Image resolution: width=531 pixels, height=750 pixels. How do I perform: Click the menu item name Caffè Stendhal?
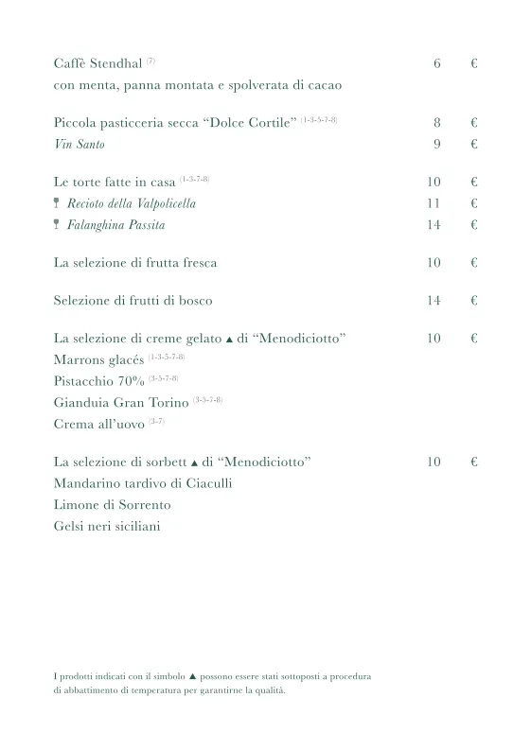pyautogui.click(x=98, y=64)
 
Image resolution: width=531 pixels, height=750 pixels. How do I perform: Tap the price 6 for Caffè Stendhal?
pyautogui.click(x=437, y=64)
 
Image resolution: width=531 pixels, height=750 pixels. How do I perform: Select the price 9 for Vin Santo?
pyautogui.click(x=437, y=144)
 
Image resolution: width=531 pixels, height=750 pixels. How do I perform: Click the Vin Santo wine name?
pyautogui.click(x=80, y=145)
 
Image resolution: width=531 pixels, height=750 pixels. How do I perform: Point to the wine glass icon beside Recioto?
pyautogui.click(x=58, y=203)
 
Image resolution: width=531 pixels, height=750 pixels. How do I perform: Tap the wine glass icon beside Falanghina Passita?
pyautogui.click(x=58, y=224)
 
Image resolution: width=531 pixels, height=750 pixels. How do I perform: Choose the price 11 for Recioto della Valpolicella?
pyautogui.click(x=434, y=203)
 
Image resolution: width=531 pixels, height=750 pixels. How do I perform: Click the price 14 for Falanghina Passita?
pyautogui.click(x=434, y=224)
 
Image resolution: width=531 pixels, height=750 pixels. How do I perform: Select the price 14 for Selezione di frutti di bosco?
pyautogui.click(x=434, y=301)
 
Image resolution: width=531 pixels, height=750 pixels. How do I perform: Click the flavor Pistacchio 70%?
pyautogui.click(x=99, y=381)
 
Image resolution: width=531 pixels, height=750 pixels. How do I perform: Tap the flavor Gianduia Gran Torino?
pyautogui.click(x=122, y=403)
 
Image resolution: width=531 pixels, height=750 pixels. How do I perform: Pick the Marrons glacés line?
pyautogui.click(x=99, y=360)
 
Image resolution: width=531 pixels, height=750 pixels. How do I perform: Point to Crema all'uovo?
pyautogui.click(x=99, y=425)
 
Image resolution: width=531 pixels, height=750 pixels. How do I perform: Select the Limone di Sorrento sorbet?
pyautogui.click(x=113, y=505)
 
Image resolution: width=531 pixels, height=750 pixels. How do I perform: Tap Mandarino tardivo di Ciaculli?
pyautogui.click(x=143, y=483)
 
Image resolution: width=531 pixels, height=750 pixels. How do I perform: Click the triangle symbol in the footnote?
pyautogui.click(x=192, y=677)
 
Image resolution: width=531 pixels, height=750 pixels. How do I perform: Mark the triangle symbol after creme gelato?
pyautogui.click(x=229, y=339)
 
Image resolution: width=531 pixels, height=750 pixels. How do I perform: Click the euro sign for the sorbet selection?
pyautogui.click(x=473, y=462)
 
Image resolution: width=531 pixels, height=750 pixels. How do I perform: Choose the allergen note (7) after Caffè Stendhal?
pyautogui.click(x=151, y=61)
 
